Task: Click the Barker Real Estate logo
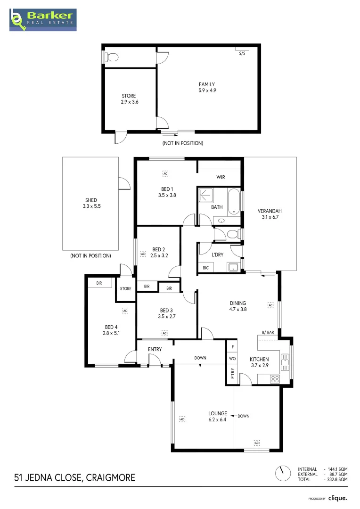43,20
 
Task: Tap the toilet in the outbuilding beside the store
112,57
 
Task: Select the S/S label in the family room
242,53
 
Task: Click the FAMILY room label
207,84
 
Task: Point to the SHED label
91,200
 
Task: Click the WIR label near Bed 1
221,177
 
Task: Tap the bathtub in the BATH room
234,201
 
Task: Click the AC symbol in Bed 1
165,174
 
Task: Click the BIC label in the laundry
205,268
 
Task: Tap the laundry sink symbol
233,267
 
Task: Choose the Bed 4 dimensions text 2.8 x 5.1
112,333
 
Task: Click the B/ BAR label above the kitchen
268,333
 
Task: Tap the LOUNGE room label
218,413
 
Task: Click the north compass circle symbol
283,473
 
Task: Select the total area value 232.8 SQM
337,479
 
